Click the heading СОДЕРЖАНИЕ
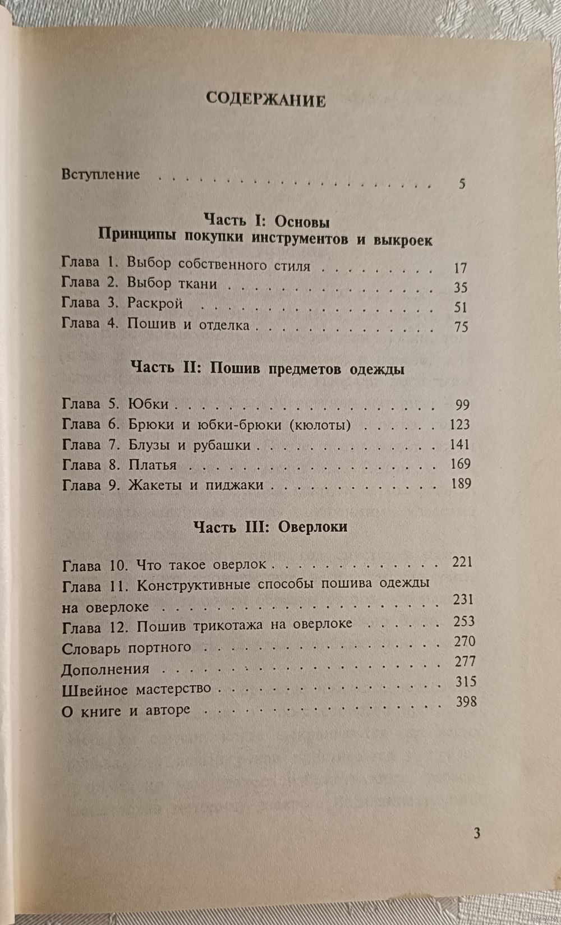tap(265, 99)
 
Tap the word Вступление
tap(100, 174)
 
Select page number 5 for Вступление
tap(462, 183)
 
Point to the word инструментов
tap(301, 238)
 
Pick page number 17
tap(461, 268)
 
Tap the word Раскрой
tap(155, 303)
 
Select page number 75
tap(461, 326)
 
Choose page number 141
tap(459, 444)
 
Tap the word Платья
tap(153, 465)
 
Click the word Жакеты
tap(155, 485)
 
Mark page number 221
tap(462, 562)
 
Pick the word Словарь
tap(92, 648)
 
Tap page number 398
tap(466, 701)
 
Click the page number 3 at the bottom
tap(476, 833)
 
